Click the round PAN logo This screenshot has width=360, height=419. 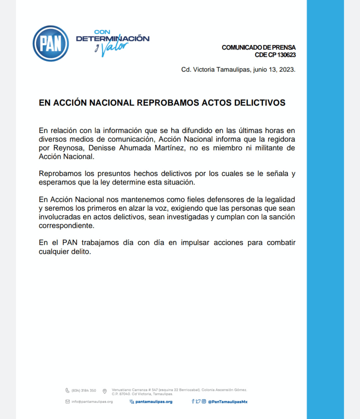(50, 44)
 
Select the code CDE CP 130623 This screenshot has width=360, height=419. (275, 55)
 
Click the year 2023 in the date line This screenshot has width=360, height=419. (286, 70)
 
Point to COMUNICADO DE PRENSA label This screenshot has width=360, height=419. (259, 47)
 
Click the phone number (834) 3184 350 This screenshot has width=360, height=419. (84, 390)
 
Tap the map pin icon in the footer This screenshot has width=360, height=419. (105, 391)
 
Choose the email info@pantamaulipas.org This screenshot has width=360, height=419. (92, 402)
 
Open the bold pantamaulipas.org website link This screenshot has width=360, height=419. (153, 402)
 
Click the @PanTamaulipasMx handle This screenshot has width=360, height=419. (228, 402)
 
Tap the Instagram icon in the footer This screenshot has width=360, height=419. (204, 401)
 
